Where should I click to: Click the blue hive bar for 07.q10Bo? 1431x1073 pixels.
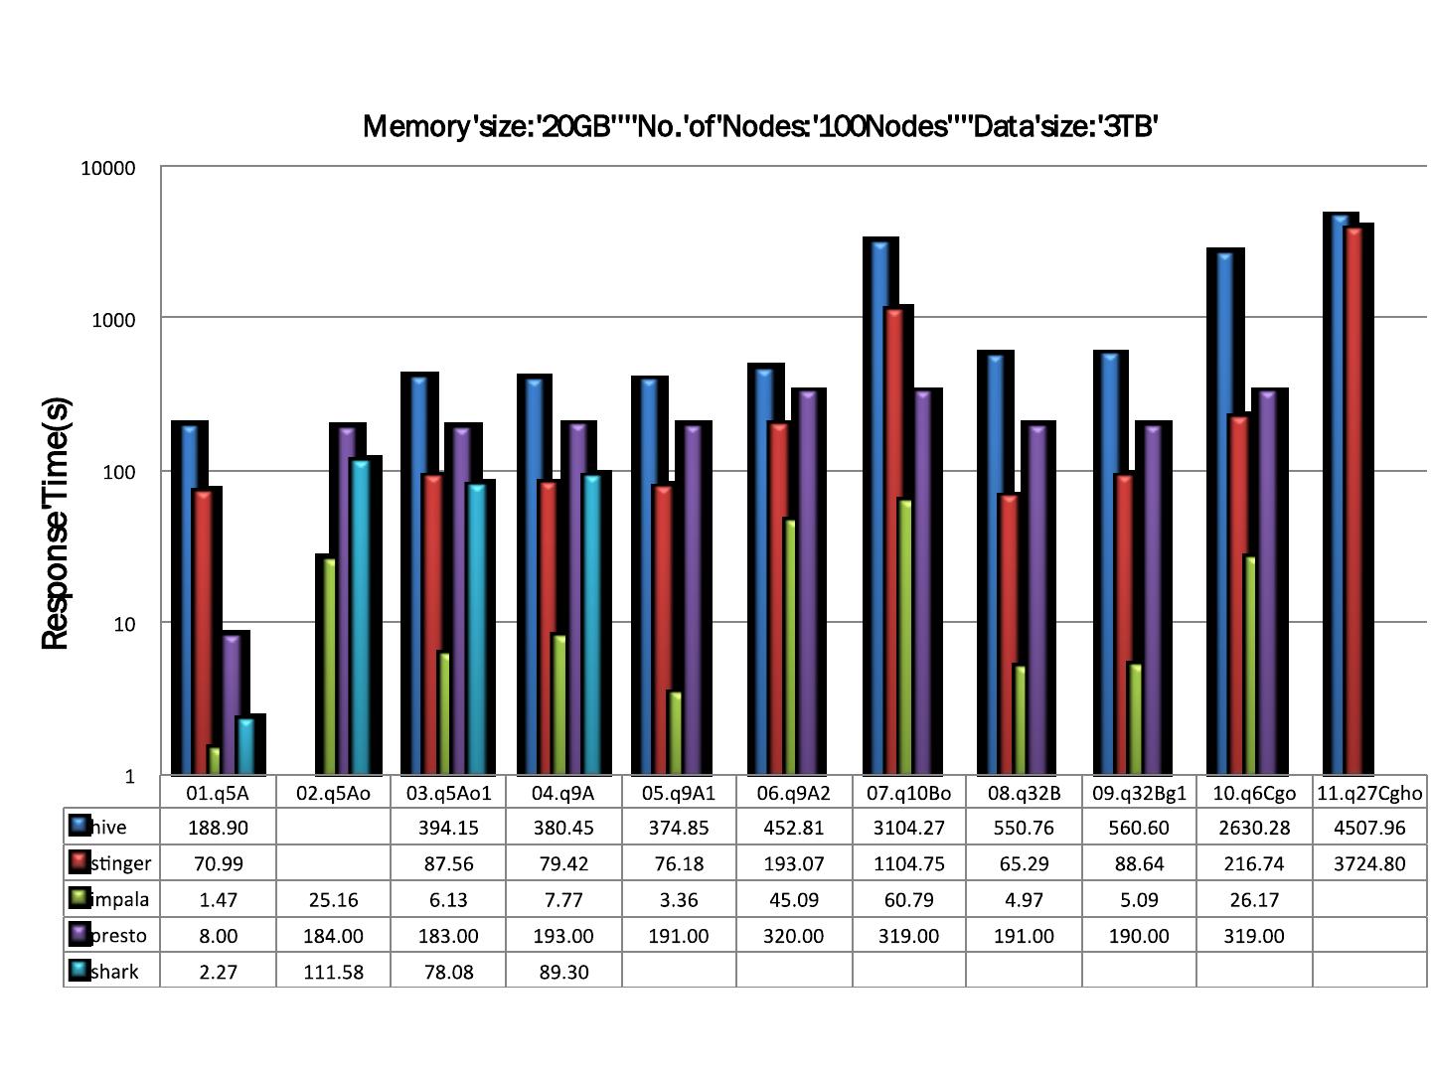pyautogui.click(x=879, y=507)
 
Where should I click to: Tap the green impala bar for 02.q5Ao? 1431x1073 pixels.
pyautogui.click(x=329, y=666)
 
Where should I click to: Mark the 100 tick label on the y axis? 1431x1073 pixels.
pyautogui.click(x=117, y=472)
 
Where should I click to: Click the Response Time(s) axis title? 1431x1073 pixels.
pyautogui.click(x=56, y=524)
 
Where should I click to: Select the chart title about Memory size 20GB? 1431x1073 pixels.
pyautogui.click(x=760, y=127)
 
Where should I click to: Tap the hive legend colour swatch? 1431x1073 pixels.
pyautogui.click(x=79, y=826)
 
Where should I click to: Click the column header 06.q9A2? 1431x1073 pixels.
pyautogui.click(x=793, y=793)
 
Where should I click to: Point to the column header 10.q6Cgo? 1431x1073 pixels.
pyautogui.click(x=1253, y=793)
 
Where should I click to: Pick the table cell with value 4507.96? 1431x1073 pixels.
pyautogui.click(x=1369, y=828)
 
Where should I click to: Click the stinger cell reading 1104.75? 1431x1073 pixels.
pyautogui.click(x=908, y=864)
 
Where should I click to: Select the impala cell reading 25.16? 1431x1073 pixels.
pyautogui.click(x=333, y=900)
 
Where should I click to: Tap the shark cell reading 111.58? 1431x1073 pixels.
pyautogui.click(x=333, y=972)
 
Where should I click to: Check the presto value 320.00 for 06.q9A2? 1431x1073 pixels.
pyautogui.click(x=793, y=936)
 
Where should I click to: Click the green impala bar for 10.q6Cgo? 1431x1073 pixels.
pyautogui.click(x=1250, y=666)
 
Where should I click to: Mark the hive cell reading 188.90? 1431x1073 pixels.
pyautogui.click(x=218, y=828)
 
